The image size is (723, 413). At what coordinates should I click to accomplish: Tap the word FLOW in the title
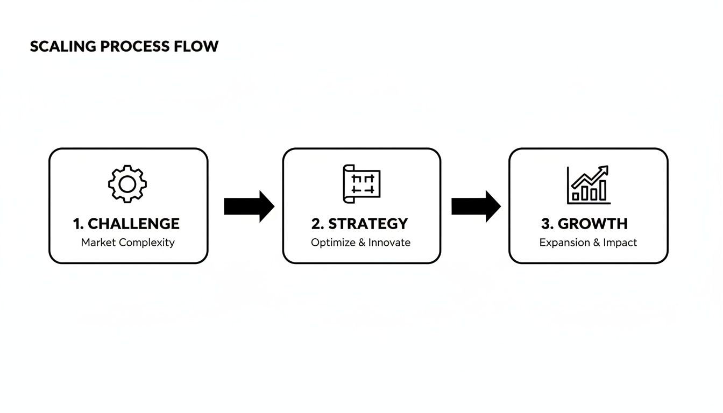pos(196,47)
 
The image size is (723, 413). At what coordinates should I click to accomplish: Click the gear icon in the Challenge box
pos(127,184)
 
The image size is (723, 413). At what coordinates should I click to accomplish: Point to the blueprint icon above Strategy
pos(361,184)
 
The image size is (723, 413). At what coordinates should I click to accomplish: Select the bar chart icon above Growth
pos(588,185)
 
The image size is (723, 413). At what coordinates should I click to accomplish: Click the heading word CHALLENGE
pos(133,224)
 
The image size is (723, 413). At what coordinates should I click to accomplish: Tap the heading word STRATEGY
pos(368,224)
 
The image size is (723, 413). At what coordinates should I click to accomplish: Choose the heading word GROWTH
pos(592,224)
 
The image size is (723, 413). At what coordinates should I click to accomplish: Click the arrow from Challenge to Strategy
pos(249,206)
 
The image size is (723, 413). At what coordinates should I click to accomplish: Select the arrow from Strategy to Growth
pos(476,206)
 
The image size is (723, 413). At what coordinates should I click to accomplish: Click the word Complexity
pos(147,243)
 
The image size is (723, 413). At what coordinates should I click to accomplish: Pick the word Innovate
pos(389,243)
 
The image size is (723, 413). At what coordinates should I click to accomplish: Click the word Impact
pos(620,243)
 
